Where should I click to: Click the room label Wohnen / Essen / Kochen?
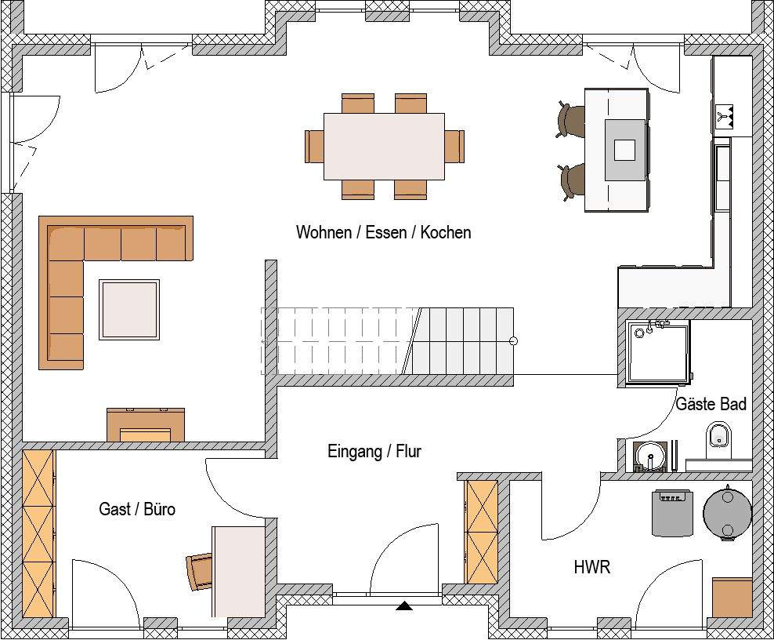(384, 232)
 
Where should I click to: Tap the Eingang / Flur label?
(374, 451)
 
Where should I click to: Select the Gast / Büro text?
(137, 509)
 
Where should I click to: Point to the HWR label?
(591, 567)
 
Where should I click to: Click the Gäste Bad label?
(711, 404)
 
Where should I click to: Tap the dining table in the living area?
(384, 147)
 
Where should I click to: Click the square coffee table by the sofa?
(129, 309)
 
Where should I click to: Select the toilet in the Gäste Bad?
(718, 439)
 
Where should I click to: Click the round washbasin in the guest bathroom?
(649, 456)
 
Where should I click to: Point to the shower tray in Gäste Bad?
(657, 352)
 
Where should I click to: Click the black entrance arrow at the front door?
(404, 605)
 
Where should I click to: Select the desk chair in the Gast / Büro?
(200, 572)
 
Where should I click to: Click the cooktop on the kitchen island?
(625, 149)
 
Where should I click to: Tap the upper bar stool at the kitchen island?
(570, 121)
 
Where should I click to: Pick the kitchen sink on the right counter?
(722, 178)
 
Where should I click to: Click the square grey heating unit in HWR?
(672, 513)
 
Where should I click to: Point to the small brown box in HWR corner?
(732, 597)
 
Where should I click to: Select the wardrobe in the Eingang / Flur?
(481, 532)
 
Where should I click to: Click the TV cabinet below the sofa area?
(146, 424)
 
